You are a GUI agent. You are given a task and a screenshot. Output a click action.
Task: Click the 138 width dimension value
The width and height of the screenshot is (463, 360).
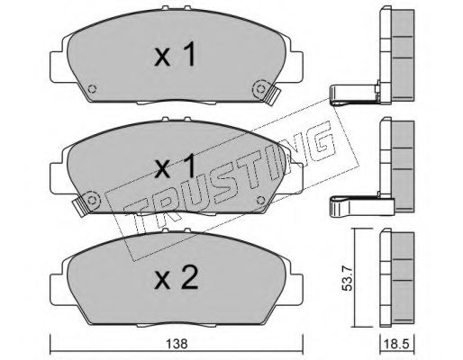pyautogui.click(x=177, y=344)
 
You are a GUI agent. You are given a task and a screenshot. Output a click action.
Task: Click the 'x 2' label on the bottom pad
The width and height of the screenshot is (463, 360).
pyautogui.click(x=176, y=278)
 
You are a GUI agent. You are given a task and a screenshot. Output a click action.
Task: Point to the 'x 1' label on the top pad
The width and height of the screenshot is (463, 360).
pyautogui.click(x=176, y=54)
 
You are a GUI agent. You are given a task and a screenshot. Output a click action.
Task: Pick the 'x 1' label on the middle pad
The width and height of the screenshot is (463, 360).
pyautogui.click(x=176, y=166)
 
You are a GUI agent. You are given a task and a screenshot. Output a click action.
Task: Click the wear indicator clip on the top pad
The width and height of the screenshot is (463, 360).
pyautogui.click(x=272, y=95)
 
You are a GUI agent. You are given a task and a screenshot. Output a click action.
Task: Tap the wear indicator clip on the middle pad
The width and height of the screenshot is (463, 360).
pyautogui.click(x=80, y=207)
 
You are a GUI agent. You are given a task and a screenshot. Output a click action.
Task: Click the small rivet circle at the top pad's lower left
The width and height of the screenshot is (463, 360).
pyautogui.click(x=92, y=89)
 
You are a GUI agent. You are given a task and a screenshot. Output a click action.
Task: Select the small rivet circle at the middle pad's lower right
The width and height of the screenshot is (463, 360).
pyautogui.click(x=261, y=200)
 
